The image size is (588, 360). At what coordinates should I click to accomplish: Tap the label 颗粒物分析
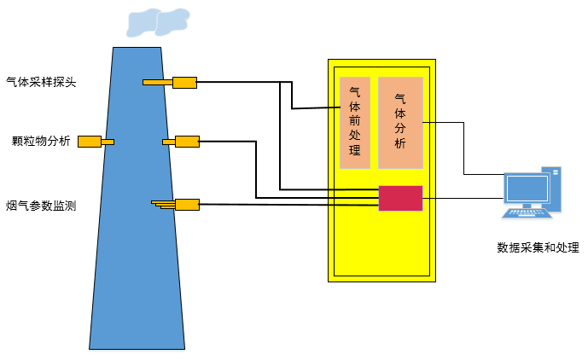tap(42, 141)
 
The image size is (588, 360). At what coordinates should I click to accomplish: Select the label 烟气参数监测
tap(41, 205)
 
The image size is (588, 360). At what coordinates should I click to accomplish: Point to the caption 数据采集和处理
tap(538, 247)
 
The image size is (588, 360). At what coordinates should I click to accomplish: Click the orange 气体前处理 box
tap(355, 123)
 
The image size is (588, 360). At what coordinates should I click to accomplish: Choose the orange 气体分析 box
tap(400, 123)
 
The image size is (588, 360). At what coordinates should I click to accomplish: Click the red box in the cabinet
tap(400, 198)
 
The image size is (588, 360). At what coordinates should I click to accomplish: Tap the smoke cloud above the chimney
tap(158, 22)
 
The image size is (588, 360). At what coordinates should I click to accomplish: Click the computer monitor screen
tap(527, 189)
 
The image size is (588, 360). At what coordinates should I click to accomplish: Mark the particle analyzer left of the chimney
tap(90, 142)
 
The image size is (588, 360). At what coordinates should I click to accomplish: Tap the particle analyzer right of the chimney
tap(185, 141)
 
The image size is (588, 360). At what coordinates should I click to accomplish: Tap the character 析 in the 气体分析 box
tap(400, 142)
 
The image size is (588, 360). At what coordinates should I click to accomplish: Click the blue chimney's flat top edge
tap(137, 48)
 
